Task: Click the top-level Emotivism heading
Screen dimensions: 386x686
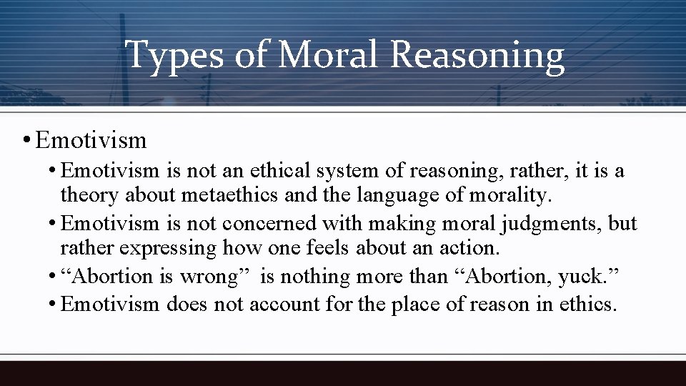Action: (x=90, y=139)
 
